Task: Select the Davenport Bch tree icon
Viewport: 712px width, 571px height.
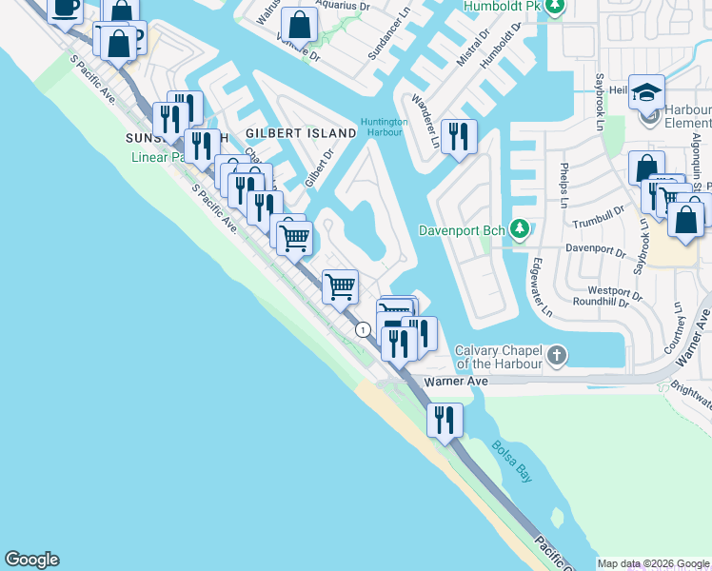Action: pos(520,229)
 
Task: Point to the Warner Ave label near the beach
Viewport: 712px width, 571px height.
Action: pos(456,382)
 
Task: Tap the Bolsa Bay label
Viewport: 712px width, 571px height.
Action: pos(511,461)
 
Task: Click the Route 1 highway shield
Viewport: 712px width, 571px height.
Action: pos(363,329)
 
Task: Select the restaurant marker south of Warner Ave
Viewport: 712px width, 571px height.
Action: pos(445,419)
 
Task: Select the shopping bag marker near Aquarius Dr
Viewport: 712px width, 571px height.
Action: pos(300,25)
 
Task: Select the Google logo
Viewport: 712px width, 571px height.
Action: pos(31,560)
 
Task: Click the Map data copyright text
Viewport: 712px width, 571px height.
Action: pos(653,563)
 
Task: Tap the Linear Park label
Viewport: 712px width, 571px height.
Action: pos(157,156)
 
